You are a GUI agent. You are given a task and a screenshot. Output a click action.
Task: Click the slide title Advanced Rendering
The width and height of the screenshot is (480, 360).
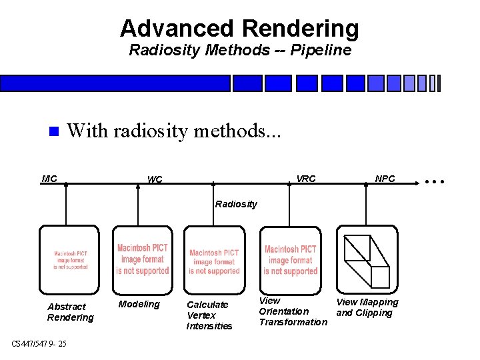click(239, 29)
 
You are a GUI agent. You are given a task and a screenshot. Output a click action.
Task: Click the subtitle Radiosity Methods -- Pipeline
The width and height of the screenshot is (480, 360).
click(239, 51)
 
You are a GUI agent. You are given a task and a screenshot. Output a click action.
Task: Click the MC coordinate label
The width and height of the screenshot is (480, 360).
click(49, 179)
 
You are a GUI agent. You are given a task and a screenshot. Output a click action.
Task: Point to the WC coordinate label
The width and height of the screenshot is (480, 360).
click(154, 179)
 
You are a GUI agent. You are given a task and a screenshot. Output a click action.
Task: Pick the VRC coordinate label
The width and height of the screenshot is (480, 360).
click(306, 179)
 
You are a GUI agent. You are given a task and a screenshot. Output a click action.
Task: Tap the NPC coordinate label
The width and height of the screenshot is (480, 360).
click(385, 179)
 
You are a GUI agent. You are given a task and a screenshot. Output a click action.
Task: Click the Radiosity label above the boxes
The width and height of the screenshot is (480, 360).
click(235, 204)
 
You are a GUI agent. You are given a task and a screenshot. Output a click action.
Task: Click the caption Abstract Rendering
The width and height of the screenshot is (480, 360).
click(70, 312)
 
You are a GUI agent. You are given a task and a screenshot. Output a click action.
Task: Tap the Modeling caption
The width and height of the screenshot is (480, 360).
click(139, 305)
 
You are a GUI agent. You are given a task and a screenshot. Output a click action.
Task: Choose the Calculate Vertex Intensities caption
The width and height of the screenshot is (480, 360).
click(209, 315)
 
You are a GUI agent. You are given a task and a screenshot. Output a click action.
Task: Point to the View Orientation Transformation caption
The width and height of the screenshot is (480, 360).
click(293, 311)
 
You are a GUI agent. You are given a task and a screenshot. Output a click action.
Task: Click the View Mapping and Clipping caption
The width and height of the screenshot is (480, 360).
click(367, 307)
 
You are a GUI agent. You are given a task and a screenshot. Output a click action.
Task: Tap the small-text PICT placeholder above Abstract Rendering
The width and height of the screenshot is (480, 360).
click(70, 260)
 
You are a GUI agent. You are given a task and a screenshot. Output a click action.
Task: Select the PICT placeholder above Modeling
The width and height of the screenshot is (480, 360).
click(142, 259)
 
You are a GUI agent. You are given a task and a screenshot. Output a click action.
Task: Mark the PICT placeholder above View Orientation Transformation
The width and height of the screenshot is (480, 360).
click(291, 260)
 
